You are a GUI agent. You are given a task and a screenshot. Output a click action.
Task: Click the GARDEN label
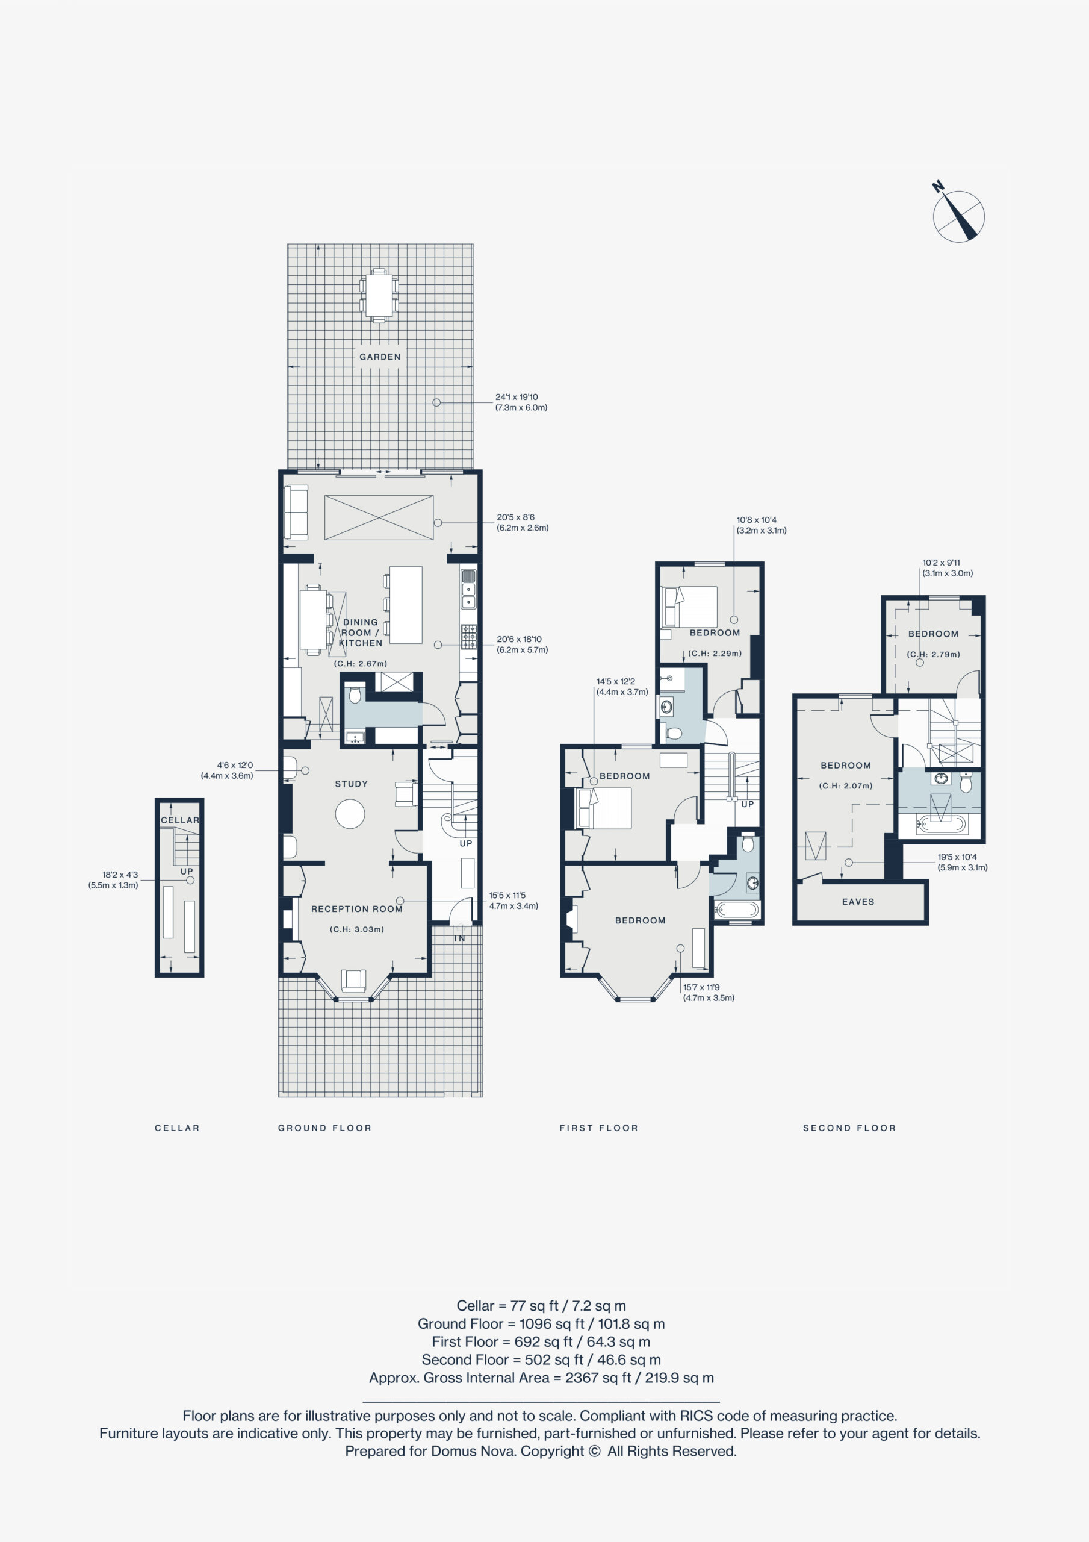[379, 357]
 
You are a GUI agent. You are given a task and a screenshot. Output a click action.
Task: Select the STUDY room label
[351, 784]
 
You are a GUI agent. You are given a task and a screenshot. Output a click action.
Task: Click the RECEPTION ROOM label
[356, 909]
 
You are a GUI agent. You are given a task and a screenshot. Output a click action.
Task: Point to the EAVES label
[858, 902]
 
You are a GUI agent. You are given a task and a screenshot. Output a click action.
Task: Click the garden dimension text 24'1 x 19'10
[517, 397]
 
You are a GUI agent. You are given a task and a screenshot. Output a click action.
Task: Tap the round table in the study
[350, 814]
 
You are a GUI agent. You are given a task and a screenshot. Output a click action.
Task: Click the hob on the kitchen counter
[468, 636]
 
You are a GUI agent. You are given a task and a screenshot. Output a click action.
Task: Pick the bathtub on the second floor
[942, 823]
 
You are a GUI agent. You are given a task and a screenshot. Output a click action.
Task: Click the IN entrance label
[459, 938]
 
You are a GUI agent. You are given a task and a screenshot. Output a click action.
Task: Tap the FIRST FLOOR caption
[599, 1128]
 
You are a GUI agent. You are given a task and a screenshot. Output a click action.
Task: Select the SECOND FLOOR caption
[849, 1128]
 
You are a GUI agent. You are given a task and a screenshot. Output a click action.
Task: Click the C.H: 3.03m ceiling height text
[356, 929]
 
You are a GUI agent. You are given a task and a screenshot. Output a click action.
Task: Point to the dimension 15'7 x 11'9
[701, 987]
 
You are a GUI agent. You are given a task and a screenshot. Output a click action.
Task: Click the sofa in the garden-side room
[296, 512]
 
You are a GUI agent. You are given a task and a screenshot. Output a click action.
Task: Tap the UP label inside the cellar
[187, 871]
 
